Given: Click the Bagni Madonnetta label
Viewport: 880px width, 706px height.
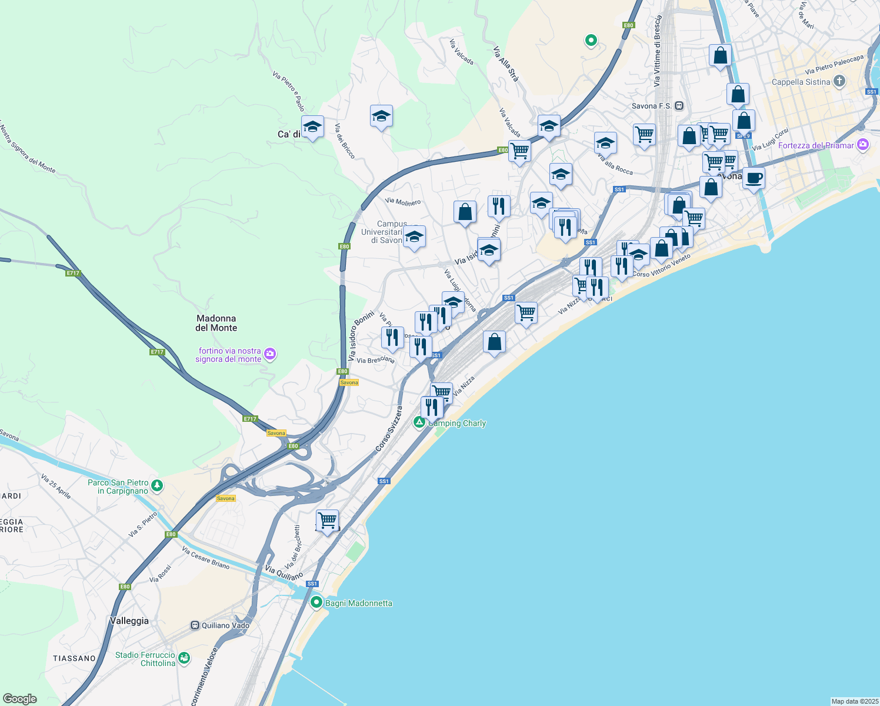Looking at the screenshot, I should (x=358, y=603).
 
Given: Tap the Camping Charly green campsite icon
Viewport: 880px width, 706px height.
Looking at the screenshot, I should (x=419, y=422).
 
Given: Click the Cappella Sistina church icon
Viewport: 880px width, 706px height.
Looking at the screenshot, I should (x=839, y=81).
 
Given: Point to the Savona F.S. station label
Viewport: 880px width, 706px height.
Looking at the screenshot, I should (x=652, y=106).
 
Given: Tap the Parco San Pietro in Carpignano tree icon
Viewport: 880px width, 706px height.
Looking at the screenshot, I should (x=156, y=485).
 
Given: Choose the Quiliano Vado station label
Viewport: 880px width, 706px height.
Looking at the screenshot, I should (x=225, y=625).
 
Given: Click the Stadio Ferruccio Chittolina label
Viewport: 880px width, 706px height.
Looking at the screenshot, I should (x=145, y=659).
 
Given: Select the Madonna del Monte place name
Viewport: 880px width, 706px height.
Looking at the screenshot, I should (x=216, y=323).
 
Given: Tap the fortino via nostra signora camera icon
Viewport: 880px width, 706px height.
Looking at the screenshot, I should (x=270, y=354).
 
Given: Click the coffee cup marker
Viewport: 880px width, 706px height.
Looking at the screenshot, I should (x=754, y=178).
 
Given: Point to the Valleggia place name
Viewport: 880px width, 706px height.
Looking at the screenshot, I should (x=129, y=621).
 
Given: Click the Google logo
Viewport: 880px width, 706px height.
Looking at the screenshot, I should (x=20, y=698).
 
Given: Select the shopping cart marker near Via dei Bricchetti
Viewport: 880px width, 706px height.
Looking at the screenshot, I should (x=328, y=520).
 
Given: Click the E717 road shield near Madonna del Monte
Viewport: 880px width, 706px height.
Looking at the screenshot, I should (x=156, y=352).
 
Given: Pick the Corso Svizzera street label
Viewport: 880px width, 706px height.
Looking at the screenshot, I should (x=388, y=429).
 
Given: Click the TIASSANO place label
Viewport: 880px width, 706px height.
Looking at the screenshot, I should (x=74, y=658).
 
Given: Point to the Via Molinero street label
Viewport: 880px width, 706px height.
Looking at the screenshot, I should (x=403, y=202).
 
